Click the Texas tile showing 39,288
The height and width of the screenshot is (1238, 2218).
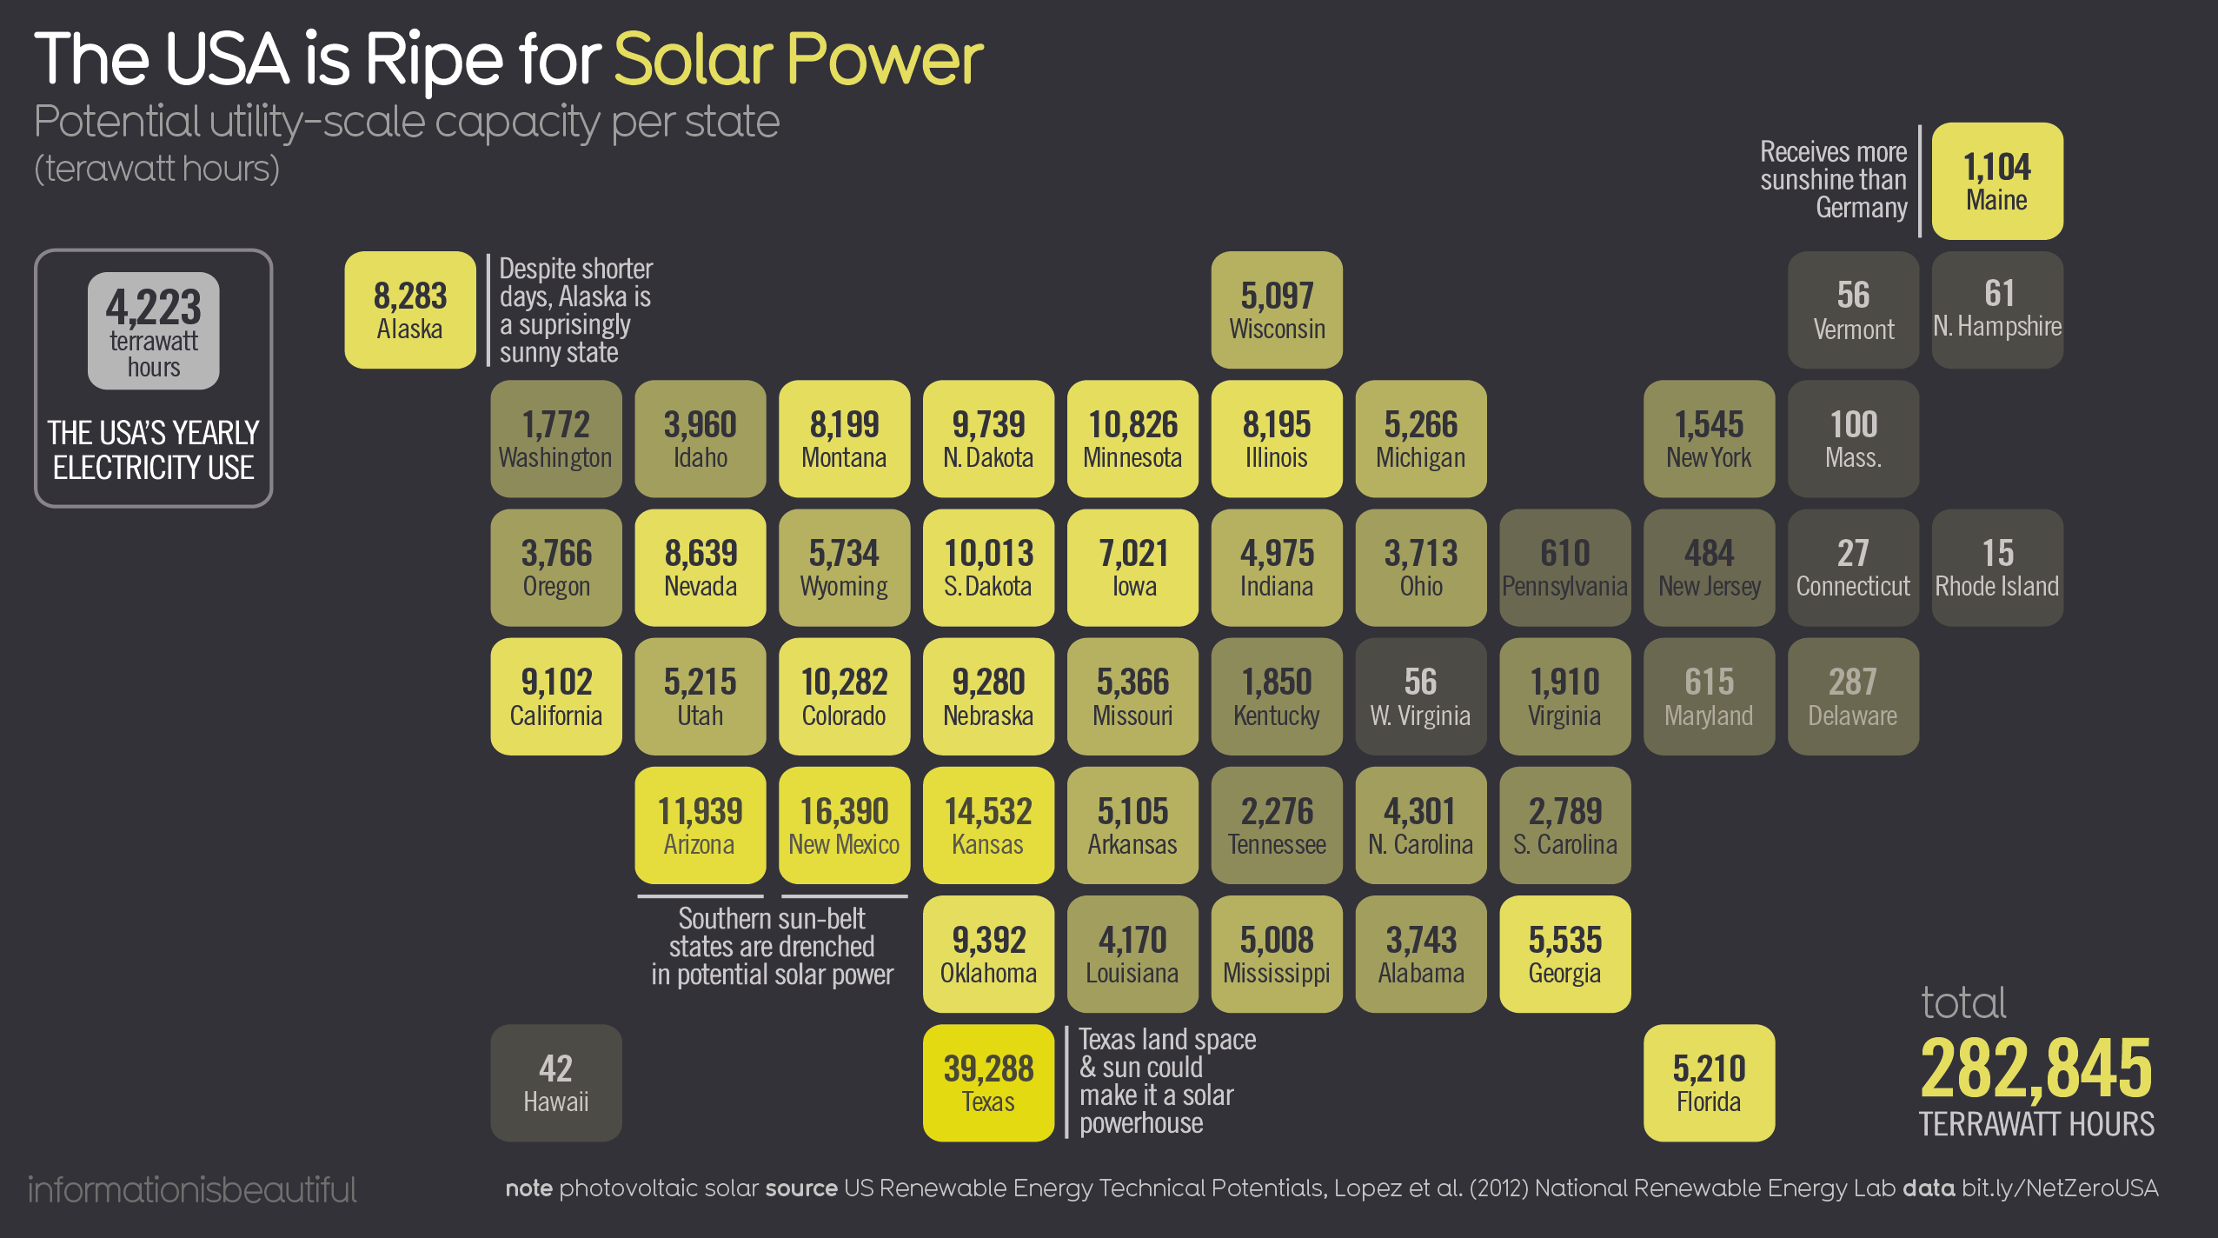coord(988,1082)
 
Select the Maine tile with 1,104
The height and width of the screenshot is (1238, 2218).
coord(1997,181)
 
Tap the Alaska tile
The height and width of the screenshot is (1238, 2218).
coord(409,310)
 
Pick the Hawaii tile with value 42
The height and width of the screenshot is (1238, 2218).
coord(556,1082)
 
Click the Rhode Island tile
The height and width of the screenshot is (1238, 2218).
coord(1997,567)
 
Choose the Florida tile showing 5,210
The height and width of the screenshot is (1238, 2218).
coord(1709,1082)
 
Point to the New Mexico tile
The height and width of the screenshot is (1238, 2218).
coord(844,825)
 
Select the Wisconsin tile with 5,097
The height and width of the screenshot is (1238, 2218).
coord(1277,310)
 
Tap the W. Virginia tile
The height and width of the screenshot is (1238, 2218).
coord(1420,696)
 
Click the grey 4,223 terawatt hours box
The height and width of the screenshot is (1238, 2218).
coord(154,331)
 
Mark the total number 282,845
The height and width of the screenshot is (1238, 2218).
coord(2035,1069)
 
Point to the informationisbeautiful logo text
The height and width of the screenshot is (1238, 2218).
coord(192,1189)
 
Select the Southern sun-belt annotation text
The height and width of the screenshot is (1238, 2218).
coord(772,946)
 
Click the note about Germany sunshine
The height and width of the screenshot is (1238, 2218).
coord(1834,180)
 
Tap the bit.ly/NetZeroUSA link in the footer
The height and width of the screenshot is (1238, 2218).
coord(2059,1188)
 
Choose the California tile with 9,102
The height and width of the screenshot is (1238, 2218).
coord(556,696)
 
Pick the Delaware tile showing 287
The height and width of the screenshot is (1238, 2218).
coord(1853,696)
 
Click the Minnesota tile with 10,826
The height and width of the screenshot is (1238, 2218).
coord(1132,439)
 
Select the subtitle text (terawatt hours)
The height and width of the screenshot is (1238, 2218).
coord(157,169)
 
